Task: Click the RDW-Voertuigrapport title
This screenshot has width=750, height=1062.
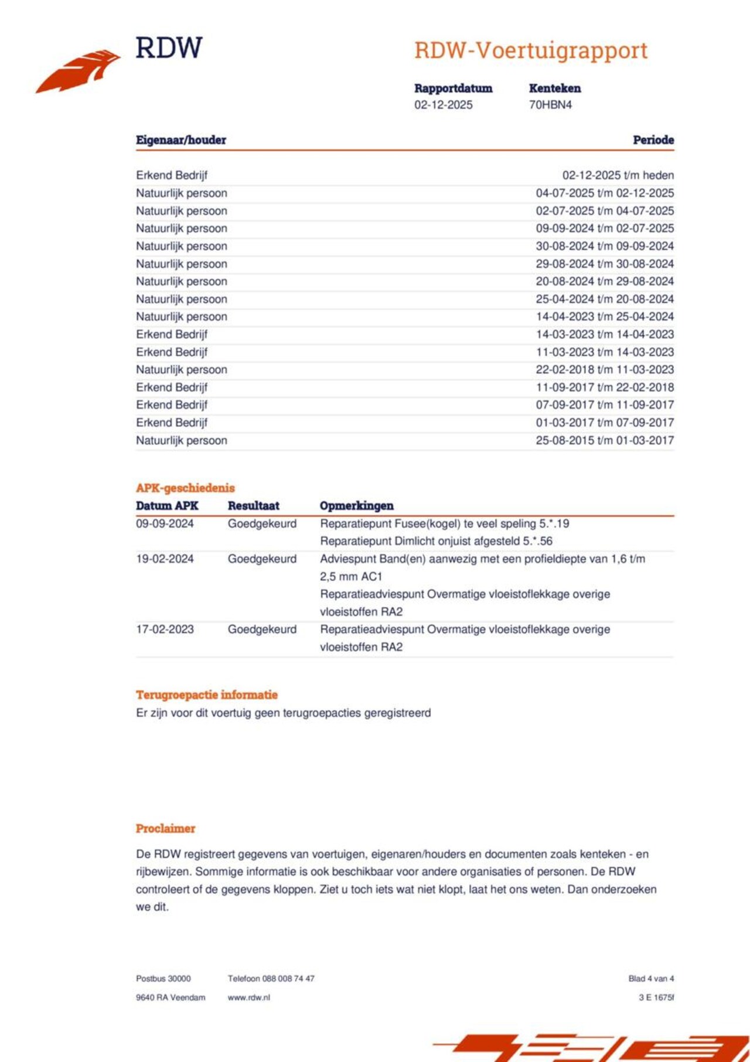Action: point(530,50)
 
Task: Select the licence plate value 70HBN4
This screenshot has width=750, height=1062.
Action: point(550,105)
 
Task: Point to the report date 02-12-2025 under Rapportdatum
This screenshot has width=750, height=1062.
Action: point(443,105)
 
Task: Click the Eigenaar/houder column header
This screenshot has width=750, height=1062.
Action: point(180,140)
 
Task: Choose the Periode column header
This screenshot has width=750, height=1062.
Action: point(653,140)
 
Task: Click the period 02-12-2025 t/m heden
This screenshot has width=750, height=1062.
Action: point(618,175)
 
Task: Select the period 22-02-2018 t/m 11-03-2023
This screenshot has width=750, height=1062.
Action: point(604,370)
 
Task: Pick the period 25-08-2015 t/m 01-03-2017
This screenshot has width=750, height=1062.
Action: point(604,440)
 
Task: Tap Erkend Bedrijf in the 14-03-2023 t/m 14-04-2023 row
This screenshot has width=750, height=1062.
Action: point(172,335)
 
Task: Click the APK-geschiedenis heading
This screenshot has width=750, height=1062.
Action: point(185,488)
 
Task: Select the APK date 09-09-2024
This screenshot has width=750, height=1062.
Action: point(165,524)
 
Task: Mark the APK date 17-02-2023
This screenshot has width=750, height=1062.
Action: point(165,629)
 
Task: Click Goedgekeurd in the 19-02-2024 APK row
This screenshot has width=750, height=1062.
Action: point(262,559)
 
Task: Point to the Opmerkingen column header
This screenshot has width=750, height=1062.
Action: point(356,506)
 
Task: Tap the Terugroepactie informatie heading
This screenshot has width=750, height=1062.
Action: point(206,695)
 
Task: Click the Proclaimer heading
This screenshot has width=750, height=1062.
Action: point(165,829)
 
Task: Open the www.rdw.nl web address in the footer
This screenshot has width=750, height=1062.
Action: point(248,998)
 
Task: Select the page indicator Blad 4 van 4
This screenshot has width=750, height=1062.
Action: point(651,979)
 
